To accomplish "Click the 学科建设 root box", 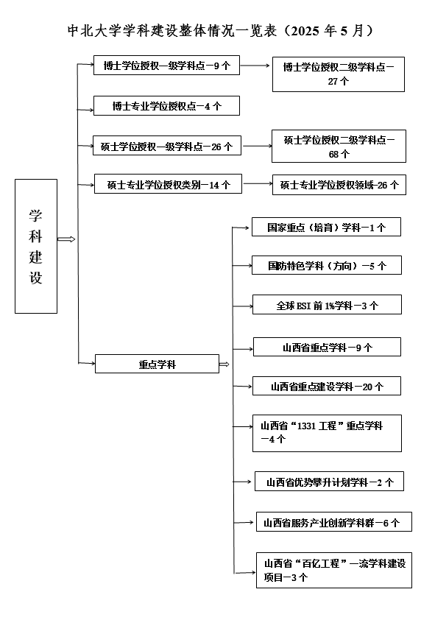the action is click(x=36, y=247).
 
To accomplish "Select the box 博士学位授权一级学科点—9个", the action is click(x=166, y=66).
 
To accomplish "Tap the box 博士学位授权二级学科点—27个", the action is click(x=338, y=74).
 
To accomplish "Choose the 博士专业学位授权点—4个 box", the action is click(x=166, y=105).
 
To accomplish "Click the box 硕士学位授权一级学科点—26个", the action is click(x=167, y=146).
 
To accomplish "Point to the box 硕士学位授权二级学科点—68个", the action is click(x=339, y=146).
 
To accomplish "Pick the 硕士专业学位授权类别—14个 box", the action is click(x=168, y=184).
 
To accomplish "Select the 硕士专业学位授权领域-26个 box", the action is click(x=339, y=185).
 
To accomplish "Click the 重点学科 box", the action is click(x=157, y=364).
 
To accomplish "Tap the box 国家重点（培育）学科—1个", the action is click(x=326, y=227).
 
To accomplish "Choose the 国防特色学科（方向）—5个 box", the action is click(x=327, y=265).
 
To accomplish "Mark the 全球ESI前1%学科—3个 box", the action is click(x=327, y=304).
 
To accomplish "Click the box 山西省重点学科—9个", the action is click(x=327, y=347).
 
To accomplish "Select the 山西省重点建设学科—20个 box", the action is click(x=327, y=386).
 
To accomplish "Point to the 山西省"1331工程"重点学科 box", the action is click(x=327, y=434).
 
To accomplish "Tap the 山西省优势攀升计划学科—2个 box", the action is click(x=329, y=482).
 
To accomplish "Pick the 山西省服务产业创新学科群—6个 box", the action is click(x=334, y=522).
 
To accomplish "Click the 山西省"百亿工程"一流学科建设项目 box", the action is click(x=334, y=570).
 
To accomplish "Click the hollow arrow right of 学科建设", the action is click(x=66, y=239).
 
